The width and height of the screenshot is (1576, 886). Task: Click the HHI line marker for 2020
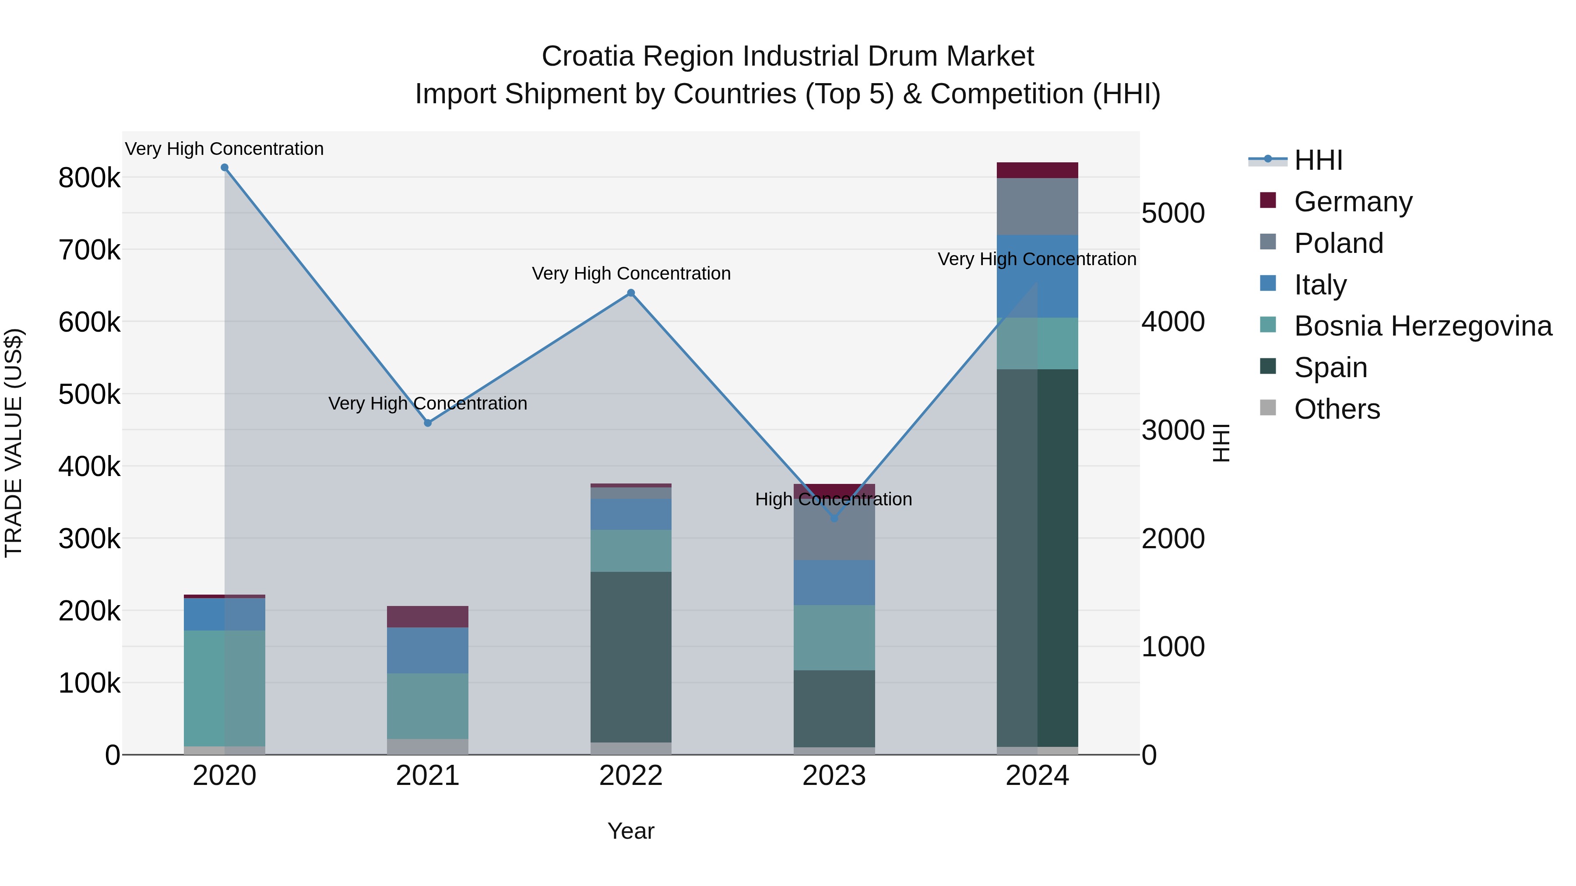coord(225,168)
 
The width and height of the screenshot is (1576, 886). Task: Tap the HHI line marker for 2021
coord(428,423)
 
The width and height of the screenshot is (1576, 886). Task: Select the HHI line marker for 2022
coord(631,293)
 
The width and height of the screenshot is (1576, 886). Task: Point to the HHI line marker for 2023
coord(834,518)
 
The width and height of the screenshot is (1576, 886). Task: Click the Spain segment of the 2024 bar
coord(1037,557)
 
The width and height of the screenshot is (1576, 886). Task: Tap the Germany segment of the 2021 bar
coord(428,616)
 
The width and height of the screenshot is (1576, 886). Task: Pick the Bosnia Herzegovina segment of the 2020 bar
coord(225,688)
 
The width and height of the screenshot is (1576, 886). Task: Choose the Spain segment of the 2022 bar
coord(631,657)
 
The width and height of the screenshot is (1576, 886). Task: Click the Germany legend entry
coord(1353,202)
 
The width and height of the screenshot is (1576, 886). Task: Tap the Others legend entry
coord(1337,409)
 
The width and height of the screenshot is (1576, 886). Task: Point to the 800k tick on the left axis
coord(89,179)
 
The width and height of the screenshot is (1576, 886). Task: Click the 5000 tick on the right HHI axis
coord(1173,214)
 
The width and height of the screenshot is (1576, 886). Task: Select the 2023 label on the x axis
coord(834,776)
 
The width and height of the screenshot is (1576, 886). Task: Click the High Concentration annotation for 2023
coord(833,500)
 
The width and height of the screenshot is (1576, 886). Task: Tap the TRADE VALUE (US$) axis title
coord(14,443)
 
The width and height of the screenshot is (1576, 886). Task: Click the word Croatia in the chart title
coord(588,56)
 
